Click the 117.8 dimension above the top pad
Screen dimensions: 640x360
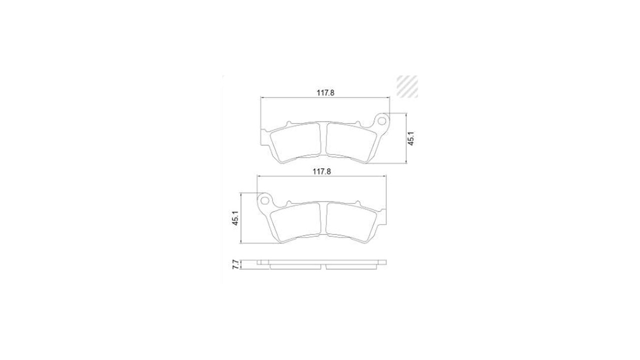325,93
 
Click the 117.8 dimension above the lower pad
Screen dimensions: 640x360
321,171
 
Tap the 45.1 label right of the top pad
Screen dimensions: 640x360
411,138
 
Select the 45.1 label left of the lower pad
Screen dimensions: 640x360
235,218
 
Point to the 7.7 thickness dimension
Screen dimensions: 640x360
235,264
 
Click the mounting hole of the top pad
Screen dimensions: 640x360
381,121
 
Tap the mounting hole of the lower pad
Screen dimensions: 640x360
264,200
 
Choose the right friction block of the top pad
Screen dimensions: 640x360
351,142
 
